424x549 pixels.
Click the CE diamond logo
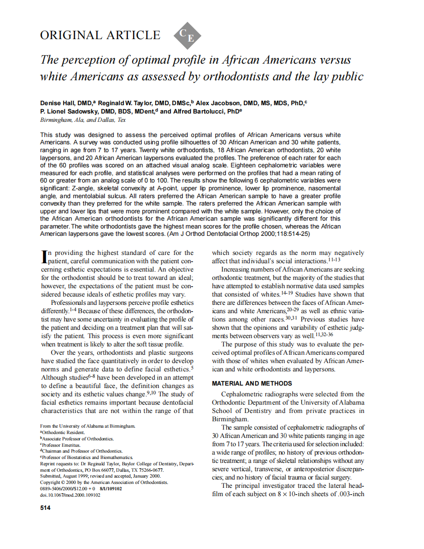(188, 36)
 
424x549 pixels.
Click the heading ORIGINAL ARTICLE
(100, 36)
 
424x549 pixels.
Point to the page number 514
(45, 508)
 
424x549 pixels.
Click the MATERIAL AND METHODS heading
(252, 384)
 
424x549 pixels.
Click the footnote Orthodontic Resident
(64, 433)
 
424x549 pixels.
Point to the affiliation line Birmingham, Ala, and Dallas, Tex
(83, 120)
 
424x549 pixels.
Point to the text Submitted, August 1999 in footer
(66, 476)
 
